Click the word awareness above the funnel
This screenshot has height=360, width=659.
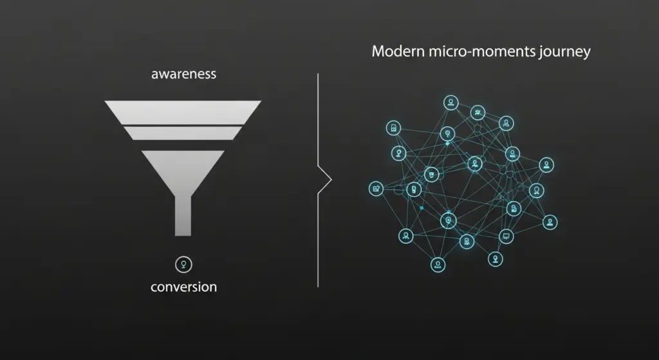[183, 74]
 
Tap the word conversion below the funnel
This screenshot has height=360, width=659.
[183, 287]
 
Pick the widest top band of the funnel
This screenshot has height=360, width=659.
[183, 111]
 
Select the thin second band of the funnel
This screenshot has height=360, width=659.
[183, 133]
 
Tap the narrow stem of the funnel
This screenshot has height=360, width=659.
[183, 216]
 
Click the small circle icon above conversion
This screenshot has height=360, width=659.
[183, 263]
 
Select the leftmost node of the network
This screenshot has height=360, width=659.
[376, 189]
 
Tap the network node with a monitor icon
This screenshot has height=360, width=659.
[506, 236]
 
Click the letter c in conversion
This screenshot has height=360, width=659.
[154, 287]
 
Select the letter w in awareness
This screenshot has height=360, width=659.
[165, 75]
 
